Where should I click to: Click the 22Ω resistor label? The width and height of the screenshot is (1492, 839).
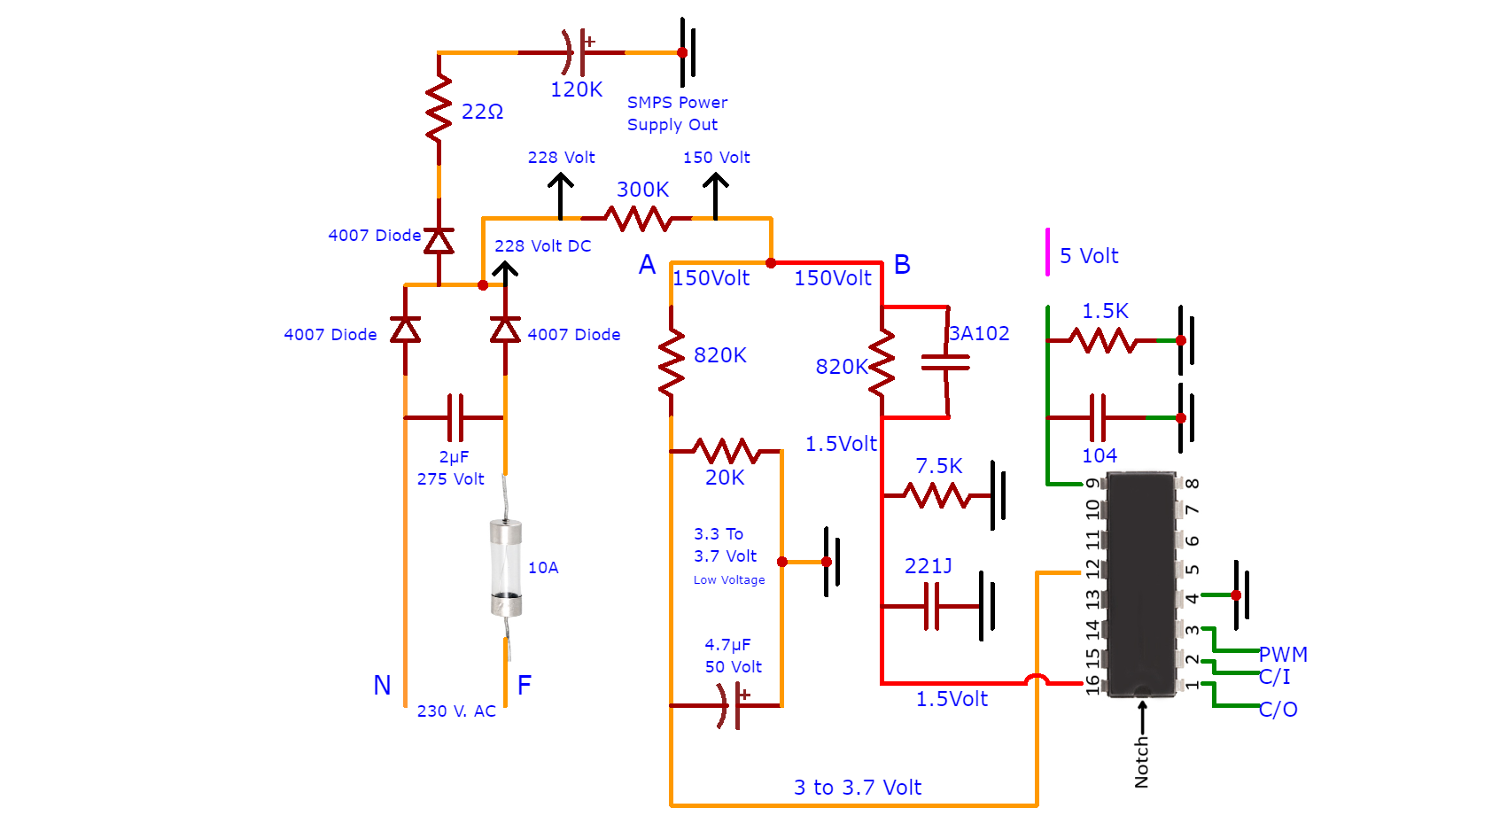tap(482, 112)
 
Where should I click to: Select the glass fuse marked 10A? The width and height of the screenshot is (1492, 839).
tap(506, 568)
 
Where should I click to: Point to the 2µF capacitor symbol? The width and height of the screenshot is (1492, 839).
tap(455, 417)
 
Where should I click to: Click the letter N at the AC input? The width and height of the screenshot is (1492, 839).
tap(382, 685)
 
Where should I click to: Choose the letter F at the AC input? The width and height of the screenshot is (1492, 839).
tap(525, 685)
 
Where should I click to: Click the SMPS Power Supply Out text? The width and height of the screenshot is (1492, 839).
tap(677, 114)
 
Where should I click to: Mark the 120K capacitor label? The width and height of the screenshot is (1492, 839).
tap(576, 89)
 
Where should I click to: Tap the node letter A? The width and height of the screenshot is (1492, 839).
tap(647, 264)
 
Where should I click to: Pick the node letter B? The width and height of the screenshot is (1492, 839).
tap(902, 264)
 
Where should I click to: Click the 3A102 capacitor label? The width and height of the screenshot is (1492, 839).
tap(979, 333)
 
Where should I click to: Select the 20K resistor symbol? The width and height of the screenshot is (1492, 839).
tap(726, 451)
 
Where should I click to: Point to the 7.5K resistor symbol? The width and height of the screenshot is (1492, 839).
tap(936, 495)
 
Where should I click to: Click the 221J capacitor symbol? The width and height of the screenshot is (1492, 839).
tap(932, 606)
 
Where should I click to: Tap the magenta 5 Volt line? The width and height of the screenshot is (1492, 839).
tap(1048, 252)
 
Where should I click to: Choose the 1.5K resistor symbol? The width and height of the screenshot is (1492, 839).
tap(1102, 340)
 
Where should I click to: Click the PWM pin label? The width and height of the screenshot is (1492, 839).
tap(1283, 654)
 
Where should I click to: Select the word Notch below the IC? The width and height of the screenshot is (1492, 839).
tap(1142, 762)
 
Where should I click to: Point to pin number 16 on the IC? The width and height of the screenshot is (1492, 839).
tap(1092, 685)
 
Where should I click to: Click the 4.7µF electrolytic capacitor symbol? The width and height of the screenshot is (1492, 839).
tap(731, 706)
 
